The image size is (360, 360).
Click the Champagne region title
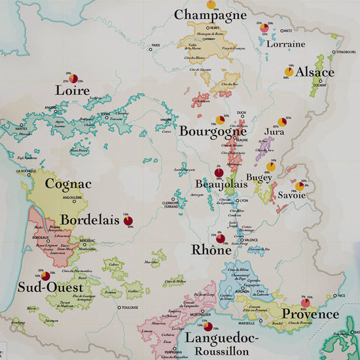point(211,14)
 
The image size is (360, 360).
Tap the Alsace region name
point(315,72)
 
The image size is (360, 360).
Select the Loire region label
point(73,90)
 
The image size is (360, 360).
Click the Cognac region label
point(63,185)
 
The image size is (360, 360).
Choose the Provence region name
point(310,314)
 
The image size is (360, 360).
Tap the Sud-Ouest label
point(50,287)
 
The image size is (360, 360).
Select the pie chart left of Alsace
point(289,71)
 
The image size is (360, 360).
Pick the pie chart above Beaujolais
point(219,173)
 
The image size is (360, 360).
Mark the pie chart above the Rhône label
point(220,239)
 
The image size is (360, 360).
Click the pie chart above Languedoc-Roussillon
point(207,326)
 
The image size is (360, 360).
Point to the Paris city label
point(155,46)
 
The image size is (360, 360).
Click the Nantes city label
point(20,128)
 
